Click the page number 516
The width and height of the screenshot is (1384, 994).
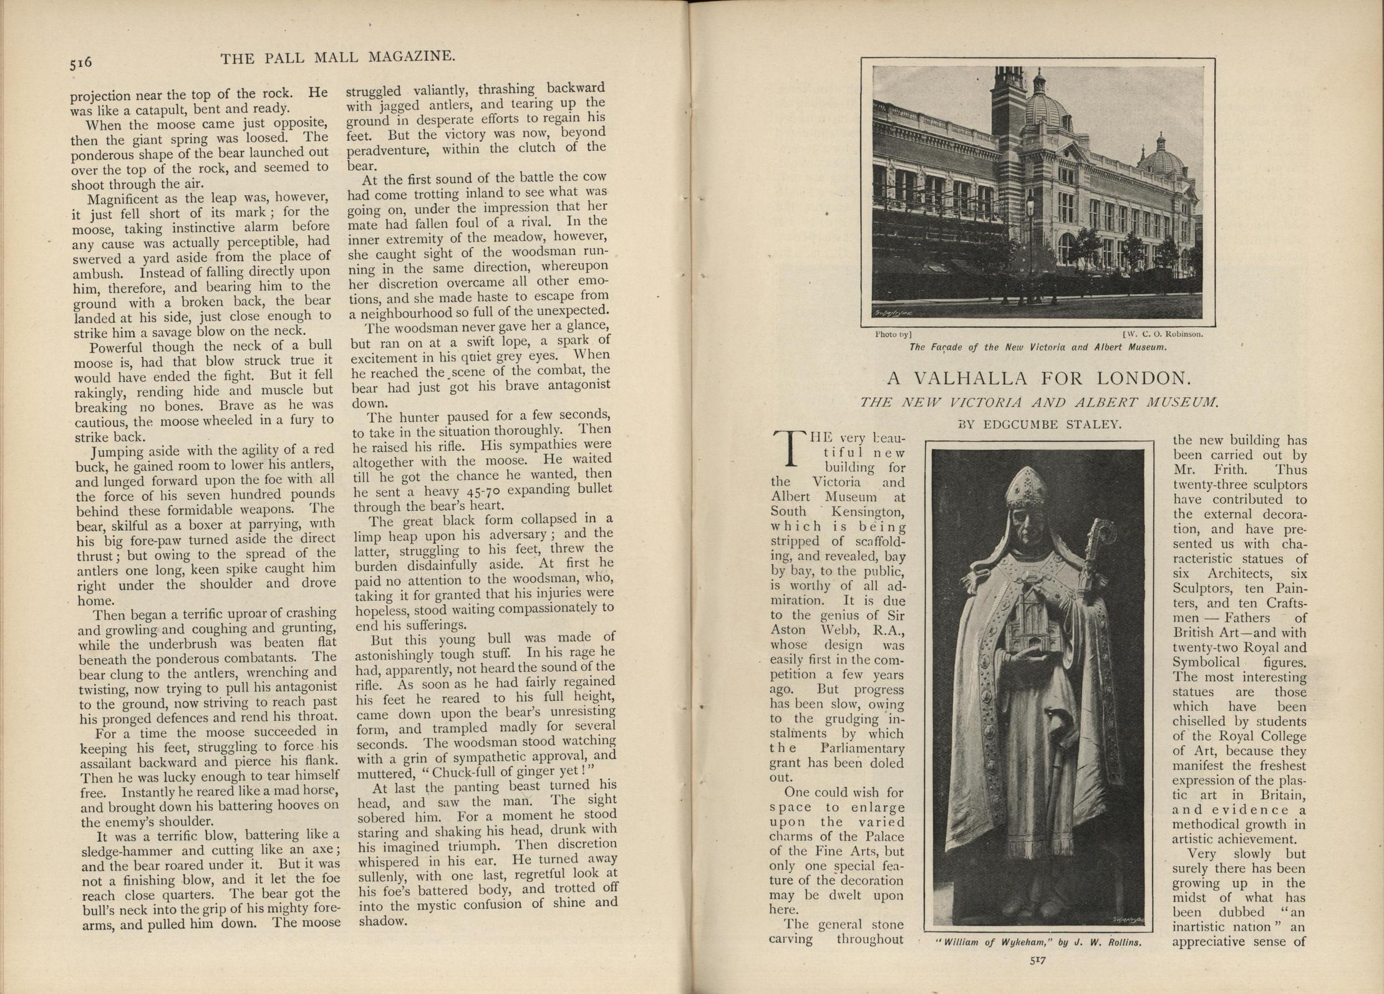[81, 62]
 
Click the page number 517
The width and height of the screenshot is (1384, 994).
[1037, 960]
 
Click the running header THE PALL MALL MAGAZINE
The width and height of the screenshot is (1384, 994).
[338, 57]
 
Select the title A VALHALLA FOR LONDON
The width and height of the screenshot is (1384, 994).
[1038, 378]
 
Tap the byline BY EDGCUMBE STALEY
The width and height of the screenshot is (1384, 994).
[1040, 424]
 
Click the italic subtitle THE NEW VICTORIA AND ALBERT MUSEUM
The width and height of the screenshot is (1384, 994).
[1038, 402]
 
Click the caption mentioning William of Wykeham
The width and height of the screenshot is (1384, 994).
[1038, 942]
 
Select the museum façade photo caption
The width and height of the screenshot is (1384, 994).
[1038, 347]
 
